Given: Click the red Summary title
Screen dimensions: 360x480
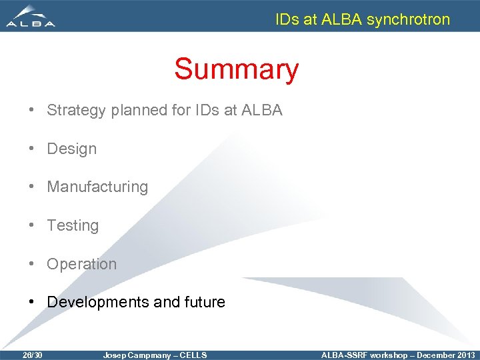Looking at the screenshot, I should click(x=236, y=69).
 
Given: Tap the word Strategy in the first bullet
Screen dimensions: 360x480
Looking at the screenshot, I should click(x=76, y=111).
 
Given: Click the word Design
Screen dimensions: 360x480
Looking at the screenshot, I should click(x=71, y=149).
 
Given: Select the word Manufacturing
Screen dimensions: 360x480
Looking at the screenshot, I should click(x=97, y=187).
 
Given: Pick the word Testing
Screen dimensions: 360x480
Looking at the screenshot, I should click(x=73, y=225).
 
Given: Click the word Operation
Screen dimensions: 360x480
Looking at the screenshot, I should click(x=81, y=264).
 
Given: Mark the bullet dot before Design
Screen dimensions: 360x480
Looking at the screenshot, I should click(x=33, y=149).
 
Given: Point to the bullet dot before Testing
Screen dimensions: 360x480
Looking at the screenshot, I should click(x=33, y=225).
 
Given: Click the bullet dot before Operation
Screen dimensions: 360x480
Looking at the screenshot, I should click(x=33, y=264).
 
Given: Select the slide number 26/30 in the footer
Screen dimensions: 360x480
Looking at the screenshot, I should click(x=32, y=355).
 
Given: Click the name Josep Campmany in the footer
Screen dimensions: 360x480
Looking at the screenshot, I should click(x=137, y=355).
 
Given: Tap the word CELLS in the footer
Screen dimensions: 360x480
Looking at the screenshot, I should click(x=193, y=355).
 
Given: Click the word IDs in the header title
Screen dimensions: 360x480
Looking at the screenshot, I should click(x=287, y=19).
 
